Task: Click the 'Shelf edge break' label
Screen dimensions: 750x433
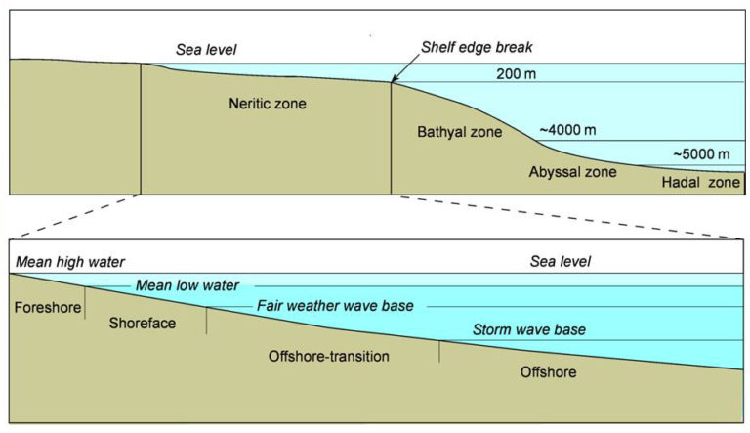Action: (477, 48)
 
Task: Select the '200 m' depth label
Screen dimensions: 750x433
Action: (516, 73)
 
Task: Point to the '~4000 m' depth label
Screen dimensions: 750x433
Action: (567, 130)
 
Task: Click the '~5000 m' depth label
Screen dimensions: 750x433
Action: (702, 153)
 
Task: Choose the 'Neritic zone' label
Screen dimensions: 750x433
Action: (268, 104)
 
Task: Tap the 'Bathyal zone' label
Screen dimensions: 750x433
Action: (460, 132)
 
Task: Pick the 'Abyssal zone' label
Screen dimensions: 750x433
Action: (572, 172)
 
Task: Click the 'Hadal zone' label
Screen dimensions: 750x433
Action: (701, 182)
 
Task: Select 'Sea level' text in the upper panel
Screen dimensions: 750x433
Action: (206, 49)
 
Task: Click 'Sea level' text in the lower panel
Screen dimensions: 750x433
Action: (561, 261)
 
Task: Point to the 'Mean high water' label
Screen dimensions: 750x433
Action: (70, 262)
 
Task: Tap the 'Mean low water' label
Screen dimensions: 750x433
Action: (187, 285)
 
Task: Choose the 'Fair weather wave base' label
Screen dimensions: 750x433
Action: (335, 306)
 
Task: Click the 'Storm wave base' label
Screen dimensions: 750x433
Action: (529, 329)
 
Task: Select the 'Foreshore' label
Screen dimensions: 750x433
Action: (48, 307)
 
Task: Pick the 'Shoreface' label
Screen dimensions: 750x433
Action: (142, 323)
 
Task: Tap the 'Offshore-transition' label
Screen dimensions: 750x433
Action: (328, 356)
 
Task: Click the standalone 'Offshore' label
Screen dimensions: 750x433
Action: (548, 372)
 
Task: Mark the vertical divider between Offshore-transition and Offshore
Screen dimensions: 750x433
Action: (439, 352)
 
